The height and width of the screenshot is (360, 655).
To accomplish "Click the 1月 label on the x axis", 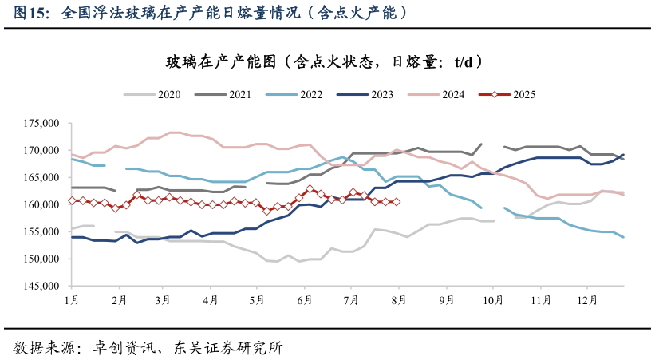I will coord(71,299).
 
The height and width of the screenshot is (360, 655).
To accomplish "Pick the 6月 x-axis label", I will coord(304,299).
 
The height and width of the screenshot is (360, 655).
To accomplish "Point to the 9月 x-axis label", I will coord(445,299).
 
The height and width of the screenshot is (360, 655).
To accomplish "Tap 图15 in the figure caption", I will coord(30,13).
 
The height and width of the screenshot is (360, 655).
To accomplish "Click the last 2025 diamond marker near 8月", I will coord(397,202).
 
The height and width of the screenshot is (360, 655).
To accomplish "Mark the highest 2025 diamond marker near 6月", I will coord(310,189).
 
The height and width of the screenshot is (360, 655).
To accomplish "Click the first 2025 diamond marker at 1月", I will coord(72,200).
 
